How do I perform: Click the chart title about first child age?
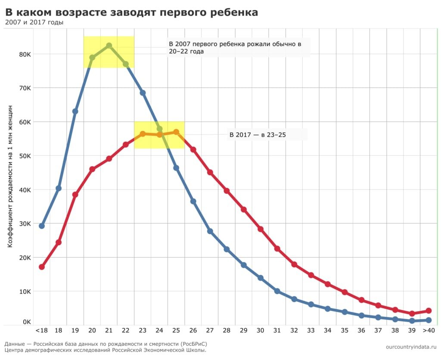(x=132, y=12)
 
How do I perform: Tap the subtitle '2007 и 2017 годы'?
(x=34, y=22)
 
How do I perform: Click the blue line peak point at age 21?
(x=109, y=46)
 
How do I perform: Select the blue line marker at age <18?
(x=42, y=226)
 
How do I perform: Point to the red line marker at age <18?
(x=42, y=267)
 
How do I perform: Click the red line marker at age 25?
(x=176, y=132)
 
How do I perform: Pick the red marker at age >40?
(x=429, y=310)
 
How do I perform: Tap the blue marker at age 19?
(x=75, y=111)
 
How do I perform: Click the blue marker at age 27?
(x=210, y=231)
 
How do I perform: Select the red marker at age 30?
(x=261, y=229)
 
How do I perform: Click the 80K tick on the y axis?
(x=25, y=54)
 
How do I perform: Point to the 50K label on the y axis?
(x=25, y=156)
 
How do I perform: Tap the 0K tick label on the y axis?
(x=26, y=322)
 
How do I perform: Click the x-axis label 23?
(x=143, y=331)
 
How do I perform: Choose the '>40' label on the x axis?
(x=428, y=331)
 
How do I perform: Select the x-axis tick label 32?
(x=294, y=331)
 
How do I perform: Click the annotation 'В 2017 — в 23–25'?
(x=258, y=135)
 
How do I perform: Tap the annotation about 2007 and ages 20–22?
(x=235, y=48)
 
